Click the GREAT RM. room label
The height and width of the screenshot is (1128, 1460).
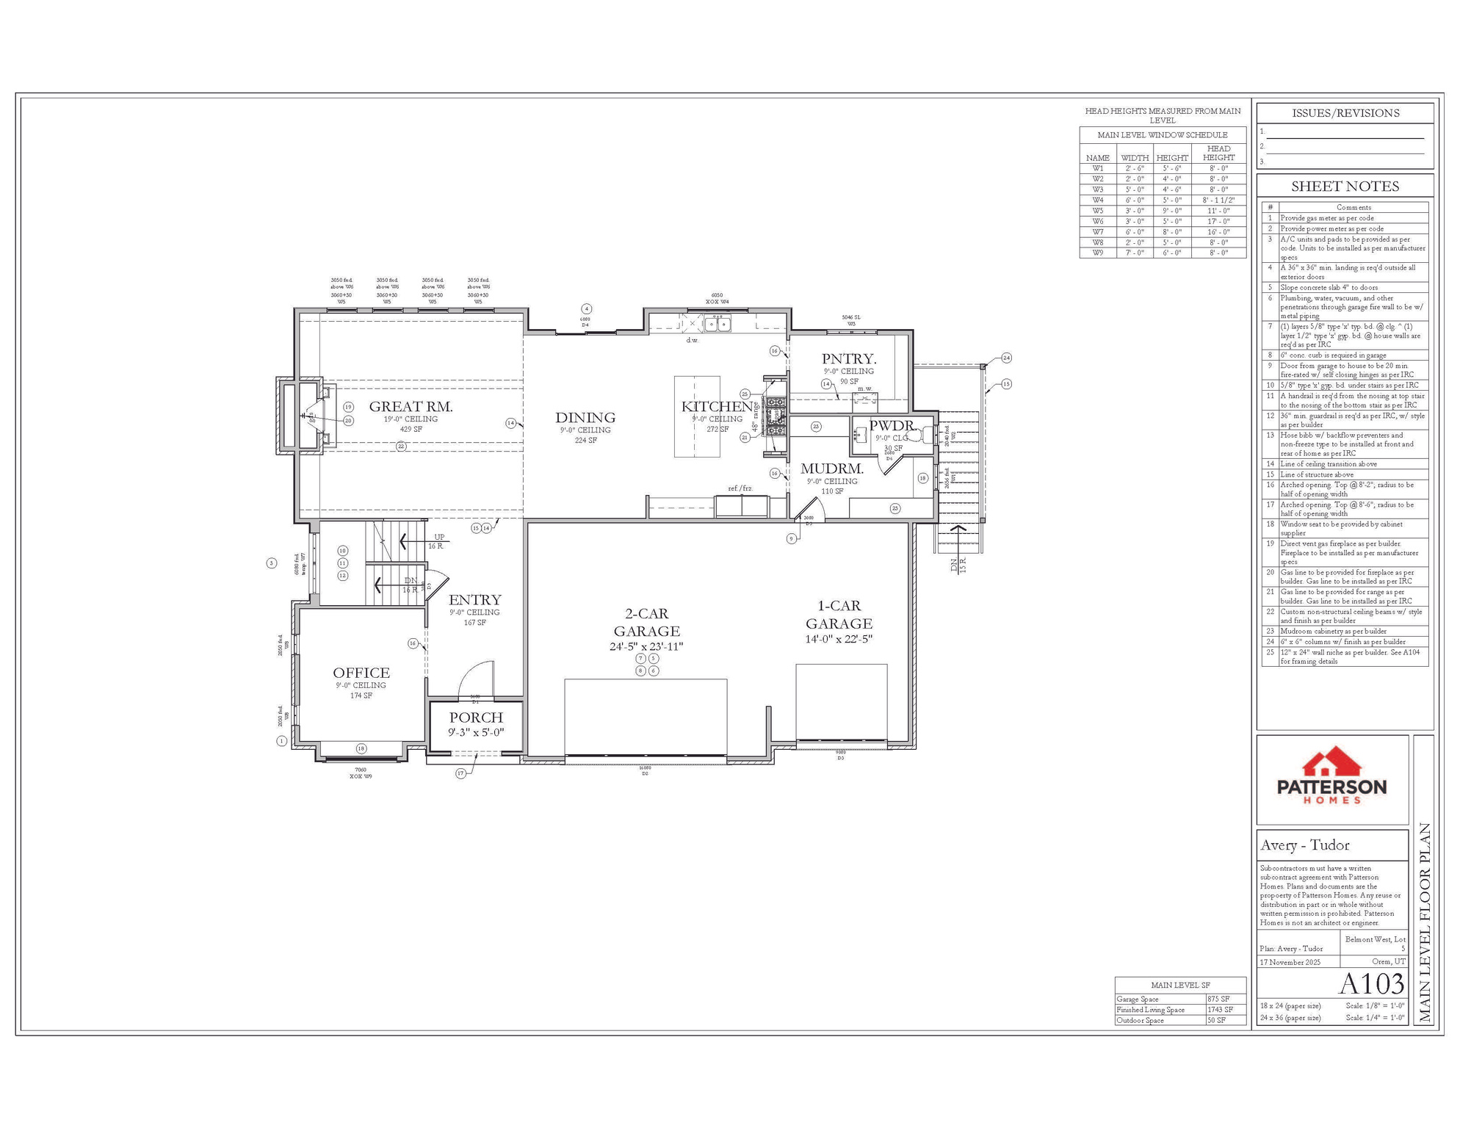[x=411, y=406]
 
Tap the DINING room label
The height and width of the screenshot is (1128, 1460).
[x=585, y=418]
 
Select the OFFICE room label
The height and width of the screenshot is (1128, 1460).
[x=361, y=672]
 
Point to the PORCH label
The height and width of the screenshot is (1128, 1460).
[x=476, y=717]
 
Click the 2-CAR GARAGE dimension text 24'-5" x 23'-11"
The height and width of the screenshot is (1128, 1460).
[x=646, y=647]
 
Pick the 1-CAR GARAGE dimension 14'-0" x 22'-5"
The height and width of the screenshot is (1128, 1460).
[x=839, y=639]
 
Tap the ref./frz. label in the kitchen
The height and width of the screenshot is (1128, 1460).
[x=740, y=488]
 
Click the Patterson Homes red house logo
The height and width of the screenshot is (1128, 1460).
[x=1332, y=763]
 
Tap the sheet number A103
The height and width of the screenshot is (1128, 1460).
[x=1371, y=983]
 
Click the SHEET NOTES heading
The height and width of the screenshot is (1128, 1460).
[x=1345, y=187]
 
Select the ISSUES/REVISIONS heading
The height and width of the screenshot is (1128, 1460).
[x=1345, y=113]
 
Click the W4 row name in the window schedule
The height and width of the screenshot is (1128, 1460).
[x=1097, y=200]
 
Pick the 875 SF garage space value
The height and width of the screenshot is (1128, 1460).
[x=1218, y=999]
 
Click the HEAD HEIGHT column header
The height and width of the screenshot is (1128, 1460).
[x=1218, y=153]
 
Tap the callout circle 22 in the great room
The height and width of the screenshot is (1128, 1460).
[x=401, y=446]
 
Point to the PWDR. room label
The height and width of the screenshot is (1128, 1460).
[x=892, y=425]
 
